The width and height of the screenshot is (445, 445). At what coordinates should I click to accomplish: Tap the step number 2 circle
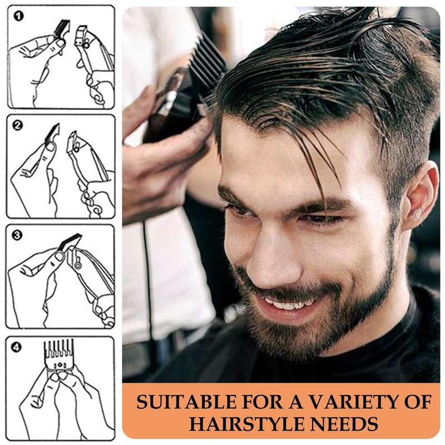18,126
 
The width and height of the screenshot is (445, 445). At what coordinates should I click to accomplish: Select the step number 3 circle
18,235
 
